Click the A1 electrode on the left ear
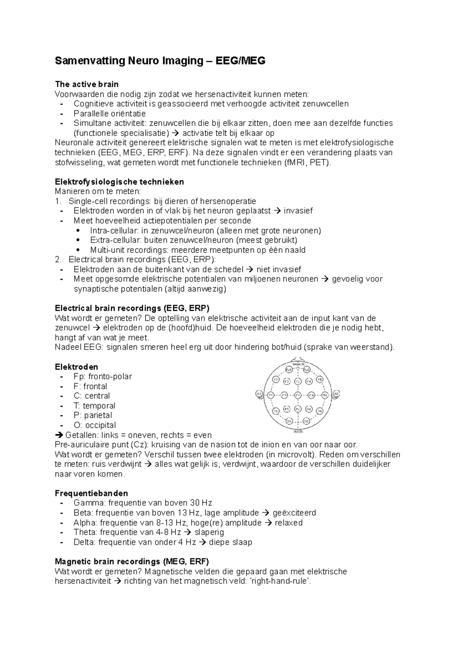coord(259,394)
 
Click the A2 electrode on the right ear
coord(337,394)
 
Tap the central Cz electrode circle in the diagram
coord(298,395)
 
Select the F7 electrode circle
coord(276,379)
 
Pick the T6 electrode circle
coord(320,411)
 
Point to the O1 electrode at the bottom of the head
coord(289,421)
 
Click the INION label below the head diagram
coord(298,432)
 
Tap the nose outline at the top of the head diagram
coord(298,358)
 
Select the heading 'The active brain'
coord(87,84)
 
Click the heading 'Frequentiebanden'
coord(91,493)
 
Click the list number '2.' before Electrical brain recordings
coord(58,260)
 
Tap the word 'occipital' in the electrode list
coord(100,425)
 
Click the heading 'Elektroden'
coord(76,367)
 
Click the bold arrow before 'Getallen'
coord(59,435)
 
